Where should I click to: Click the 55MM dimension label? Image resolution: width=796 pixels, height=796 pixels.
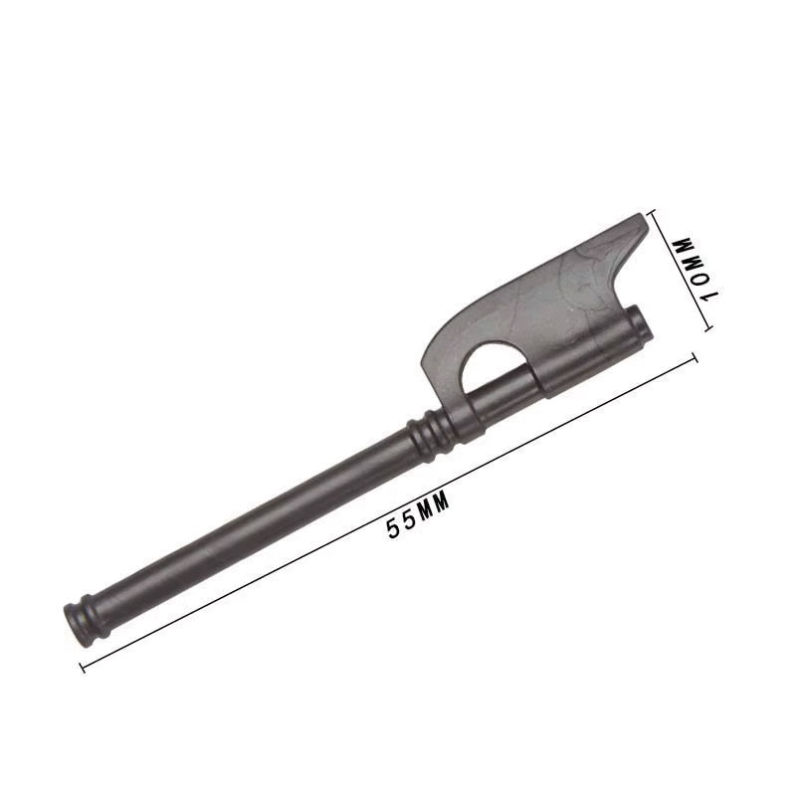pos(418,515)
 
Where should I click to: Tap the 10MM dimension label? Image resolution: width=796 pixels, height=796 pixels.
pos(695,271)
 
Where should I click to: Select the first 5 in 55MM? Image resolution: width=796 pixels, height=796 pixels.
pos(393,528)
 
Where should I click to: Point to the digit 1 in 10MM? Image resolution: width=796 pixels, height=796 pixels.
pos(707,296)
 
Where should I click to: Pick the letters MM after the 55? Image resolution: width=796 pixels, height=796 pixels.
pos(433,506)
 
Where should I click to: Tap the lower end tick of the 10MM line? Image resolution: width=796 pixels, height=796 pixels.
pos(708,328)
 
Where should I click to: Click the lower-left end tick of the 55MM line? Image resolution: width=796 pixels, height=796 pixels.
pos(83,667)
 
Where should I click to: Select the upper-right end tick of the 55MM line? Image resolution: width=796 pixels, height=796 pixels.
pos(694,357)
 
